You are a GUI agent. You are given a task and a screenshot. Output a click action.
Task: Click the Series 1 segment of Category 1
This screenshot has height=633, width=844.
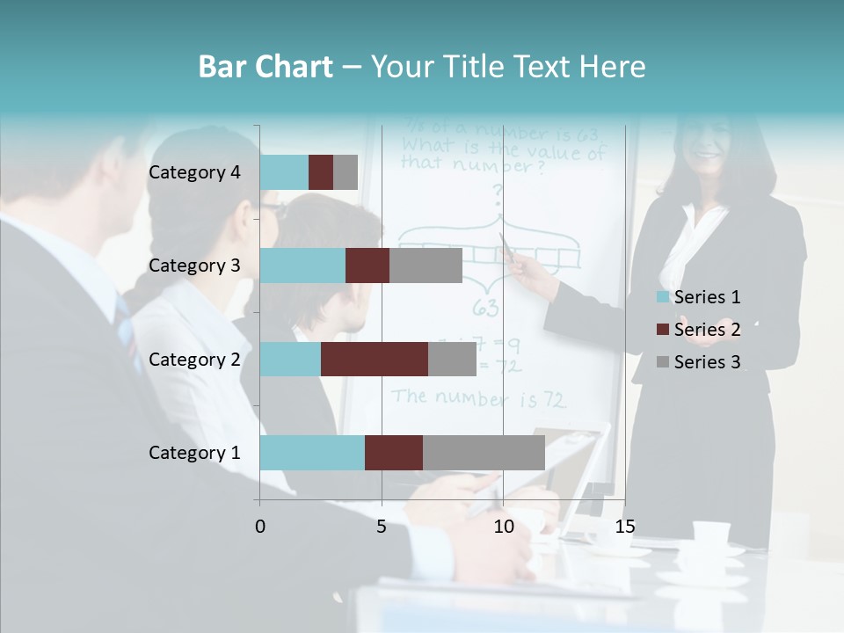pyautogui.click(x=312, y=452)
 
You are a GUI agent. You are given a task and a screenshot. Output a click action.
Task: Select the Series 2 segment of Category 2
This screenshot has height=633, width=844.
pyautogui.click(x=375, y=359)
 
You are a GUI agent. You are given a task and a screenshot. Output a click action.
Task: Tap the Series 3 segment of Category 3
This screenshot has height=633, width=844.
pyautogui.click(x=426, y=266)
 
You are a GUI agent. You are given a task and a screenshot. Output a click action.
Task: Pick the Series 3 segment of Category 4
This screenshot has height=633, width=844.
pyautogui.click(x=346, y=172)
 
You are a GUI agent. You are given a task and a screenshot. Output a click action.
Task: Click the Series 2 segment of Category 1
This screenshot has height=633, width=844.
pyautogui.click(x=394, y=452)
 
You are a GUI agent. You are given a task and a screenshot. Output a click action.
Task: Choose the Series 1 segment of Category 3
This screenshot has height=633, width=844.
pyautogui.click(x=302, y=266)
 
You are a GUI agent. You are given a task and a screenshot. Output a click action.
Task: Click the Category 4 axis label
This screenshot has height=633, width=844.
pyautogui.click(x=194, y=172)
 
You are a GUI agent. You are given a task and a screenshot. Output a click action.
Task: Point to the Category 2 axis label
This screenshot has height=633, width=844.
pyautogui.click(x=194, y=359)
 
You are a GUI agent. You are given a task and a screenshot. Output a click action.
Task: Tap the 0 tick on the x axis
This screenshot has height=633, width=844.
pyautogui.click(x=260, y=527)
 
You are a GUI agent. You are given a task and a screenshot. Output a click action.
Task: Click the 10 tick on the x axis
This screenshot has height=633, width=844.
pyautogui.click(x=503, y=527)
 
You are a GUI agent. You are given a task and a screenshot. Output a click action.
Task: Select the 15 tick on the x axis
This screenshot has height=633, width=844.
pyautogui.click(x=624, y=527)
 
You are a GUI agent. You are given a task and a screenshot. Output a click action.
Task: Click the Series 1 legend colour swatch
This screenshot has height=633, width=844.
pyautogui.click(x=664, y=297)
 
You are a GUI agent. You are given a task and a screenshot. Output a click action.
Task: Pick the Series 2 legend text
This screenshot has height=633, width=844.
pyautogui.click(x=707, y=330)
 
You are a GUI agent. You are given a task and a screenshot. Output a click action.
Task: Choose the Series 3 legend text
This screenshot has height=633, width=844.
pyautogui.click(x=707, y=362)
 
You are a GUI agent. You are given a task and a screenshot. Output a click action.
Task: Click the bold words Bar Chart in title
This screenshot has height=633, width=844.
pyautogui.click(x=266, y=67)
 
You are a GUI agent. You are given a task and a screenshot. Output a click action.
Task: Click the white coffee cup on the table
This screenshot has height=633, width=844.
pyautogui.click(x=710, y=533)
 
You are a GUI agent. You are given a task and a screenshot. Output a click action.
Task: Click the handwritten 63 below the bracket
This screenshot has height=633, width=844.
pyautogui.click(x=486, y=309)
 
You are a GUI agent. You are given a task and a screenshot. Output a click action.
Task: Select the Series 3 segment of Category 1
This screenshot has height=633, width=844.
pyautogui.click(x=484, y=452)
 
